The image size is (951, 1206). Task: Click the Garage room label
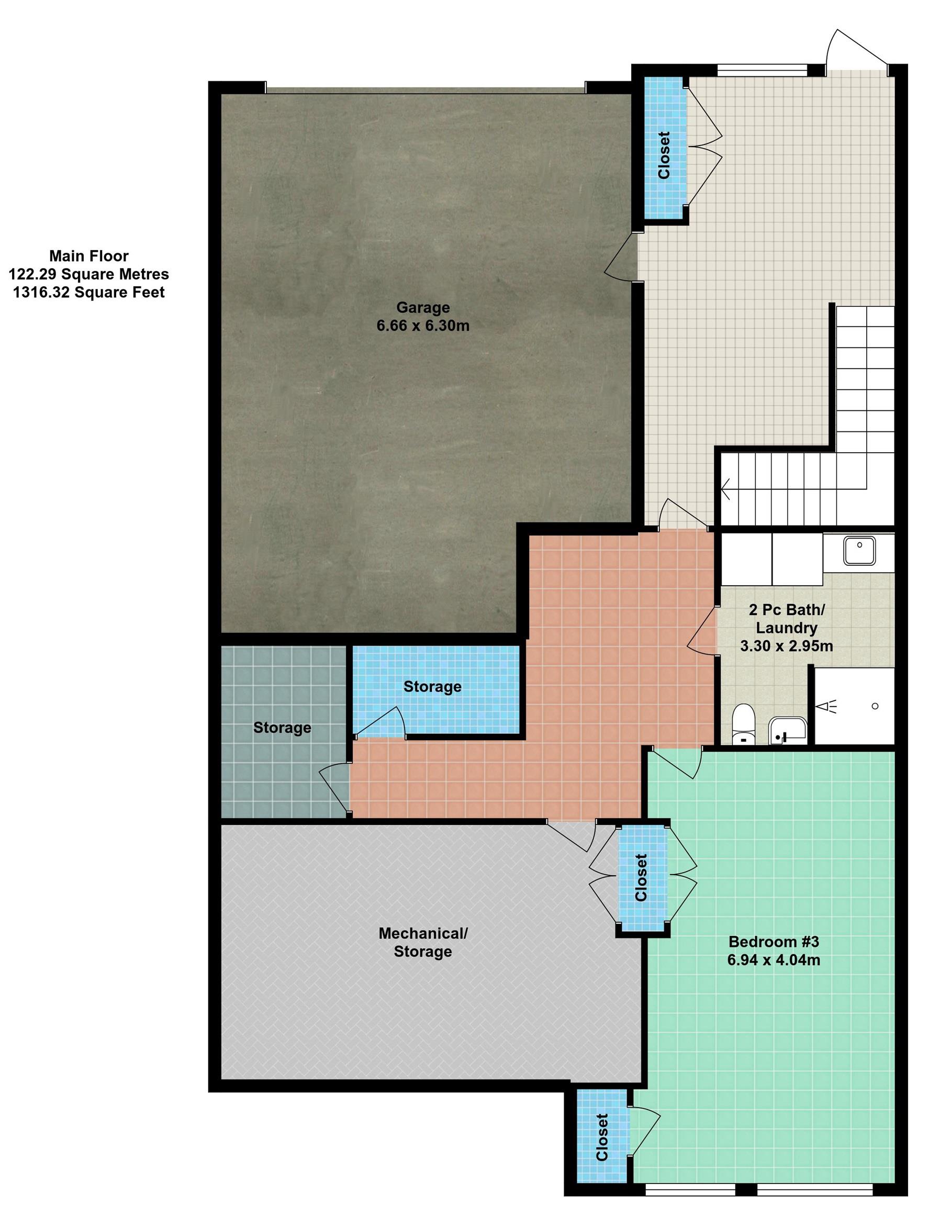click(x=423, y=307)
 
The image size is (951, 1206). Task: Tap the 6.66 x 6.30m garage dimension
click(x=423, y=326)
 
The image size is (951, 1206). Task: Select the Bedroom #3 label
click(x=774, y=942)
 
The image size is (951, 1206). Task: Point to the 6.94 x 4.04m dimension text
click(x=774, y=960)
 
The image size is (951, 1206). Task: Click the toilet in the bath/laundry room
click(x=743, y=724)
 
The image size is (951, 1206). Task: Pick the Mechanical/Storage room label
click(x=423, y=942)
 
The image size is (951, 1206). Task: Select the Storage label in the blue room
click(x=433, y=687)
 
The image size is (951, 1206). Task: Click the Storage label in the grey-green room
click(x=282, y=728)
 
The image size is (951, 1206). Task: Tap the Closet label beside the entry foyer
click(x=664, y=155)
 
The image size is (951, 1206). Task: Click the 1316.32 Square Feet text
click(x=89, y=292)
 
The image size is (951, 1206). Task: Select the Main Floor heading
click(x=89, y=256)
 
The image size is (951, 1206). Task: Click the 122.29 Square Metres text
click(x=89, y=274)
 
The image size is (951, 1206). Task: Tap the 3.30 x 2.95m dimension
click(x=786, y=646)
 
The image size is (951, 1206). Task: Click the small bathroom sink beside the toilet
click(x=787, y=731)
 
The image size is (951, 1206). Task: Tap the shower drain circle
click(x=875, y=706)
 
